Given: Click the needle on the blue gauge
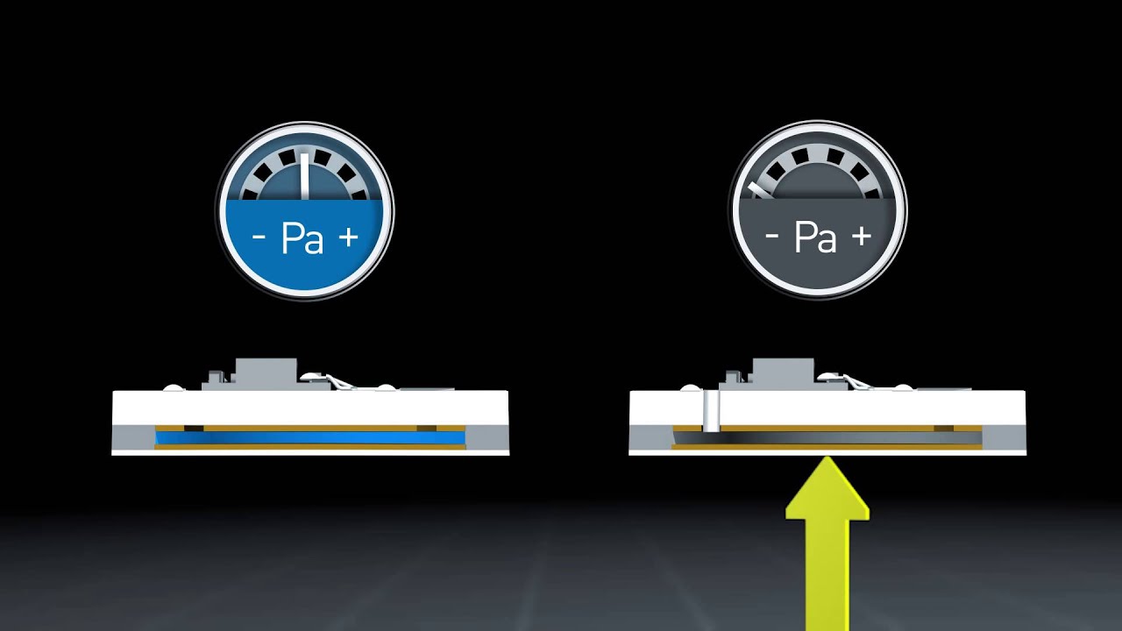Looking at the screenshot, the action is (x=304, y=176).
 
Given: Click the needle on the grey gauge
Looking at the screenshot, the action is (x=759, y=190).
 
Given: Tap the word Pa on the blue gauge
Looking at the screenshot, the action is (x=302, y=239).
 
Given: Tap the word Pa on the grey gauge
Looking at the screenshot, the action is (x=815, y=237).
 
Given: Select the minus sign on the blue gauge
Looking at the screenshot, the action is (x=259, y=238).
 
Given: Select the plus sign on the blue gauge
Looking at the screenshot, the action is (x=349, y=237).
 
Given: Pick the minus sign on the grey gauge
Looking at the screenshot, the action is (x=772, y=236).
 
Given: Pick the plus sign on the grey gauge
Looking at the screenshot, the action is (x=862, y=236).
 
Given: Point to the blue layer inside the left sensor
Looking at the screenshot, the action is (x=310, y=438).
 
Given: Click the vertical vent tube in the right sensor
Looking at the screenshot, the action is (x=711, y=411).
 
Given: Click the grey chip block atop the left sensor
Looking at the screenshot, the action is (x=266, y=374).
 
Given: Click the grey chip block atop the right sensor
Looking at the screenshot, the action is (x=783, y=374).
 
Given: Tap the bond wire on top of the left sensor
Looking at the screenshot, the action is (x=339, y=381).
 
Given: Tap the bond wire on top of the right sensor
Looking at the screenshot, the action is (x=856, y=381).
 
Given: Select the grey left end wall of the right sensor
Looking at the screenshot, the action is (x=651, y=437).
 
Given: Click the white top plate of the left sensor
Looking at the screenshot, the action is (x=310, y=408).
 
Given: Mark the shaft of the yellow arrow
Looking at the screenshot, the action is (x=827, y=575).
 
